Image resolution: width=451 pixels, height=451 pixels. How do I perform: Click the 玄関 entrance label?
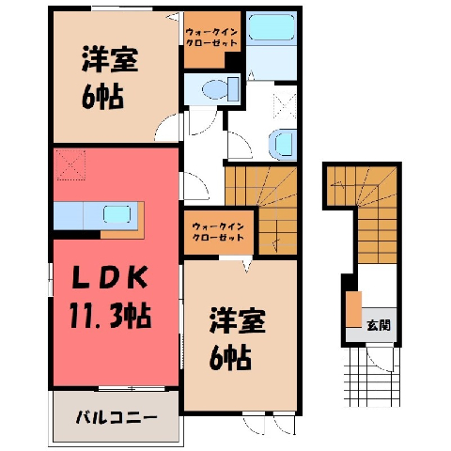379,326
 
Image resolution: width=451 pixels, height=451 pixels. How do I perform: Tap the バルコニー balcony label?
117,417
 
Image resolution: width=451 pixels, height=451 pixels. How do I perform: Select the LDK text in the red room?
110,277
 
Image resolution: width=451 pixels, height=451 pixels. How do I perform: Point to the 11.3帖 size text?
111,316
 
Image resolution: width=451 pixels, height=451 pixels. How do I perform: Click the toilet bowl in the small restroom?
220,89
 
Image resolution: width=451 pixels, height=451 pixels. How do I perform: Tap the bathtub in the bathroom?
272,28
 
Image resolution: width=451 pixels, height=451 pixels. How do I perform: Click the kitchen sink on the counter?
117,214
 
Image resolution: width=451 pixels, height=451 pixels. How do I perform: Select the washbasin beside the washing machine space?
283,145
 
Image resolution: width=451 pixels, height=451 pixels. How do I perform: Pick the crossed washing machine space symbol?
285,105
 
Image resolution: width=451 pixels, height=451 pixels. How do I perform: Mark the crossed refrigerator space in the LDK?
70,164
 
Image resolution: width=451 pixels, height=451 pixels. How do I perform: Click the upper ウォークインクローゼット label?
211,38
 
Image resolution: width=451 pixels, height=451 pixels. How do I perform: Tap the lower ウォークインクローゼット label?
218,231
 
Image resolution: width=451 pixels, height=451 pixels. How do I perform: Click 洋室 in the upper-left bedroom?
110,59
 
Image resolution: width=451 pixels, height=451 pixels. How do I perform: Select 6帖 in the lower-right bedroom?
230,357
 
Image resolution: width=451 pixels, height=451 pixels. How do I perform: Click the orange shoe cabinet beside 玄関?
354,309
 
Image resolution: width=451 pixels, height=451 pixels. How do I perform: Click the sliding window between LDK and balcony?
132,389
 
